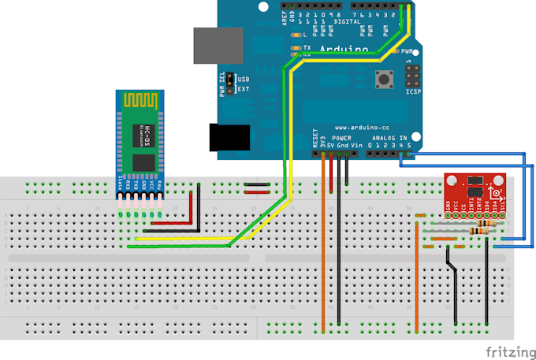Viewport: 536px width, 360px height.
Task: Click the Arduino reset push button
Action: (x=386, y=79)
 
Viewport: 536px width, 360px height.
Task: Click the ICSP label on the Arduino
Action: (x=413, y=92)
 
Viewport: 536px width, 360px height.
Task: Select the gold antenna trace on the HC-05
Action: (x=140, y=101)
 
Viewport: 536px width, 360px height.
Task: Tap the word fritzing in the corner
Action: (x=508, y=349)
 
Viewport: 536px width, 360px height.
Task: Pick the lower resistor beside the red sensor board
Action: (x=481, y=231)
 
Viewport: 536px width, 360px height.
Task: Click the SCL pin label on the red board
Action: (x=501, y=207)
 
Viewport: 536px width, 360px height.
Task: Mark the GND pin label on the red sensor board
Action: (x=448, y=207)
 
